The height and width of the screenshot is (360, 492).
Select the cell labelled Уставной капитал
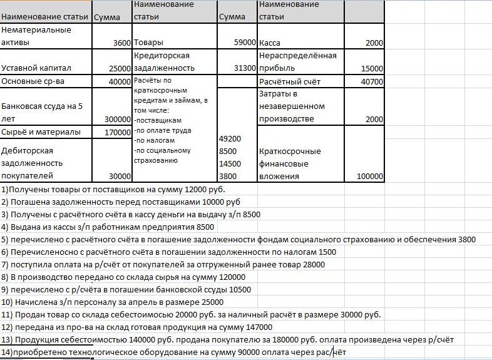tap(37, 68)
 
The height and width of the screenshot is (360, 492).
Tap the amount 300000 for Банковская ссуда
tap(118, 119)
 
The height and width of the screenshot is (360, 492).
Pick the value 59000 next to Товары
tap(245, 43)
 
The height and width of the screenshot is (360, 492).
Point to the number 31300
tap(245, 68)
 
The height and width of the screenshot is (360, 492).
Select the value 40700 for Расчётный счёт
tap(372, 81)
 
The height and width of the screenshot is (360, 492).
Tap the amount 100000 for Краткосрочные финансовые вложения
tap(369, 177)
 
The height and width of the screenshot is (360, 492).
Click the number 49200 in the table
tap(229, 138)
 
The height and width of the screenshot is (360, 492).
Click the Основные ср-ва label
tap(33, 81)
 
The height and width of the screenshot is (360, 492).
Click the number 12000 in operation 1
tap(177, 189)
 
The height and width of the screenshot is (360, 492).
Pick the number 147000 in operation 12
tap(258, 327)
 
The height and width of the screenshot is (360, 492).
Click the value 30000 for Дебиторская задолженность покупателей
tap(120, 177)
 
